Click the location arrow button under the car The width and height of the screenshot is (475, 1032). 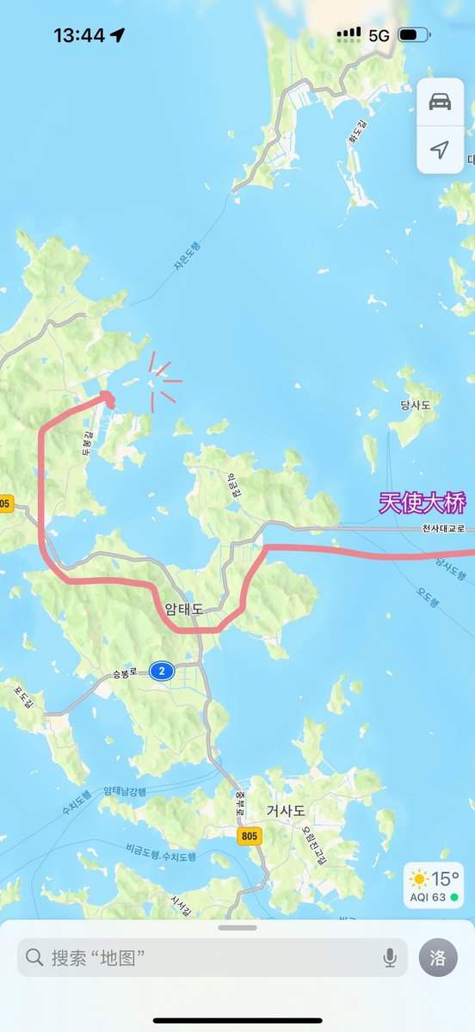pyautogui.click(x=440, y=150)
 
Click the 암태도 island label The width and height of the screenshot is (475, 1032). pyautogui.click(x=184, y=609)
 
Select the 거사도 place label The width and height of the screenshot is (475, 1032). pyautogui.click(x=286, y=810)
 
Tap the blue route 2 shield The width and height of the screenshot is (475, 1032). pyautogui.click(x=161, y=672)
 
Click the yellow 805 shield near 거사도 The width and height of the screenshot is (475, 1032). pyautogui.click(x=250, y=835)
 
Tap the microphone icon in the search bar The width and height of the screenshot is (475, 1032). pyautogui.click(x=390, y=957)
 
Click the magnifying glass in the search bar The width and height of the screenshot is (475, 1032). pyautogui.click(x=34, y=957)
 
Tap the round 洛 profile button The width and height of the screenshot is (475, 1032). pyautogui.click(x=438, y=957)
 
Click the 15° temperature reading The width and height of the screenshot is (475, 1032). pyautogui.click(x=445, y=879)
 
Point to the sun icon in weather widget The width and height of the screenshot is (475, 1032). pyautogui.click(x=419, y=879)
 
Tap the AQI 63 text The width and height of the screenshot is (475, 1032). pyautogui.click(x=428, y=897)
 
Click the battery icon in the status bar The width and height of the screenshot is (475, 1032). pyautogui.click(x=413, y=35)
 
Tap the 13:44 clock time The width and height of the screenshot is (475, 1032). pyautogui.click(x=79, y=35)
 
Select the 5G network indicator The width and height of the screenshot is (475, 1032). pyautogui.click(x=379, y=35)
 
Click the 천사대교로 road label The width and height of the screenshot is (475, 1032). pyautogui.click(x=443, y=529)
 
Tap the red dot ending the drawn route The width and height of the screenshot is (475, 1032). pyautogui.click(x=108, y=396)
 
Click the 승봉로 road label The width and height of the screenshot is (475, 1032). pyautogui.click(x=126, y=675)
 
